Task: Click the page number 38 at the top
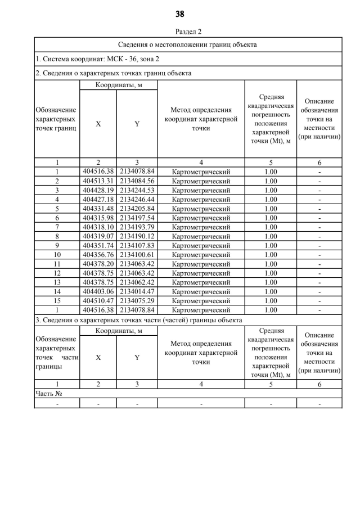(180, 13)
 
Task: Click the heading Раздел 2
(180, 32)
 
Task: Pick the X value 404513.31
(98, 181)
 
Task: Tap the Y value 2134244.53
(137, 190)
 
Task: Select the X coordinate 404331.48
(98, 208)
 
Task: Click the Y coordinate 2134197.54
(137, 218)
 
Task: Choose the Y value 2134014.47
(137, 291)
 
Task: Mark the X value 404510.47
(98, 300)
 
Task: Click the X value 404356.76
(98, 254)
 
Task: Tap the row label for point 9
(57, 245)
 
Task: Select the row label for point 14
(57, 291)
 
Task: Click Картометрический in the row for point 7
(201, 227)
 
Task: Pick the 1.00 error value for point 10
(271, 254)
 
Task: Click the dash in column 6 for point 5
(319, 208)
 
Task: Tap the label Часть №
(48, 394)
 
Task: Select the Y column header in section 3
(137, 357)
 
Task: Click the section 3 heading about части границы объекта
(138, 320)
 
